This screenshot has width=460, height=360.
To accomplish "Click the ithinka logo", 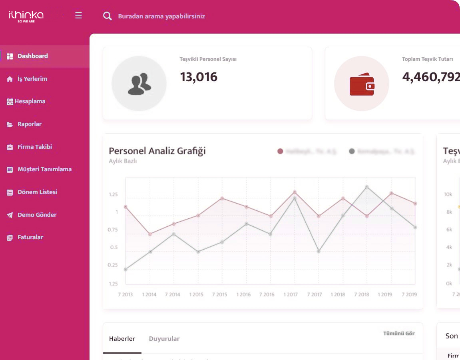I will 26,16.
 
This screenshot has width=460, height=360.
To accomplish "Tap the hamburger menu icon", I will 78,16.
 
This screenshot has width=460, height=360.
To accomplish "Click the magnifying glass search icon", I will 107,16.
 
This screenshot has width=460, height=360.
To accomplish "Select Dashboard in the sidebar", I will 32,56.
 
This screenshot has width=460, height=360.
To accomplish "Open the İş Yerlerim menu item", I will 32,79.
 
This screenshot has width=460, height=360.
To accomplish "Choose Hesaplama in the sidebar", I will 30,101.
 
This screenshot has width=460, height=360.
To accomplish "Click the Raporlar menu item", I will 29,124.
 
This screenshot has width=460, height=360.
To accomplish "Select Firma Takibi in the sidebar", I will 34,147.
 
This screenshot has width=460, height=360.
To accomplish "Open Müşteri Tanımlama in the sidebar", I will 44,169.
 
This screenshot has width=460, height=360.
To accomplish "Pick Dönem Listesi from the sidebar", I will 37,192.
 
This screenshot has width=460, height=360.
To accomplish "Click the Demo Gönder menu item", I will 37,215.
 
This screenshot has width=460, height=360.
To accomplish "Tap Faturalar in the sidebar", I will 30,237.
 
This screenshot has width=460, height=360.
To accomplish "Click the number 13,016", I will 199,77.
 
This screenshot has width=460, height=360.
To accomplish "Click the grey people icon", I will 139,84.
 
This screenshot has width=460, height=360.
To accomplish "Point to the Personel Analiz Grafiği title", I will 157,151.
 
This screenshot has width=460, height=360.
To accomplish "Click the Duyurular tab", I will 164,339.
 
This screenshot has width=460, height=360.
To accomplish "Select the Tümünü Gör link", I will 399,334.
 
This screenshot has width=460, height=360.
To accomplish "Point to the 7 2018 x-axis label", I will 361,294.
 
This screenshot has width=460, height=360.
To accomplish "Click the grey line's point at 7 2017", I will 319,251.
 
